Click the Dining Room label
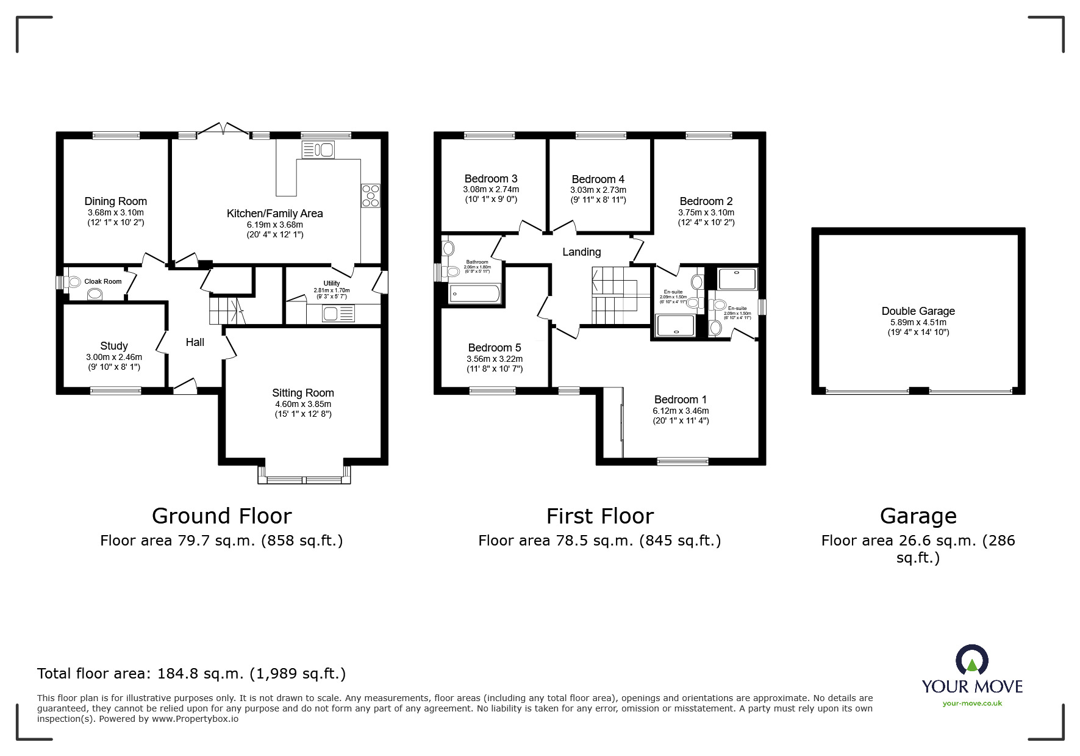115,201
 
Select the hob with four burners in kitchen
370,195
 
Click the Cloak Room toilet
75,282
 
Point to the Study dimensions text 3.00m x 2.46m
114,357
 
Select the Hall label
195,342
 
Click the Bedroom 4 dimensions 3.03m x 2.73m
598,190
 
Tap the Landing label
581,252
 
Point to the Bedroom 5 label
494,348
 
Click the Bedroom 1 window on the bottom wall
682,461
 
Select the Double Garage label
918,311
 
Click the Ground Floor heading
221,516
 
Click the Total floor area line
191,674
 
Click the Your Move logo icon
971,660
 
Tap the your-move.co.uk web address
971,704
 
